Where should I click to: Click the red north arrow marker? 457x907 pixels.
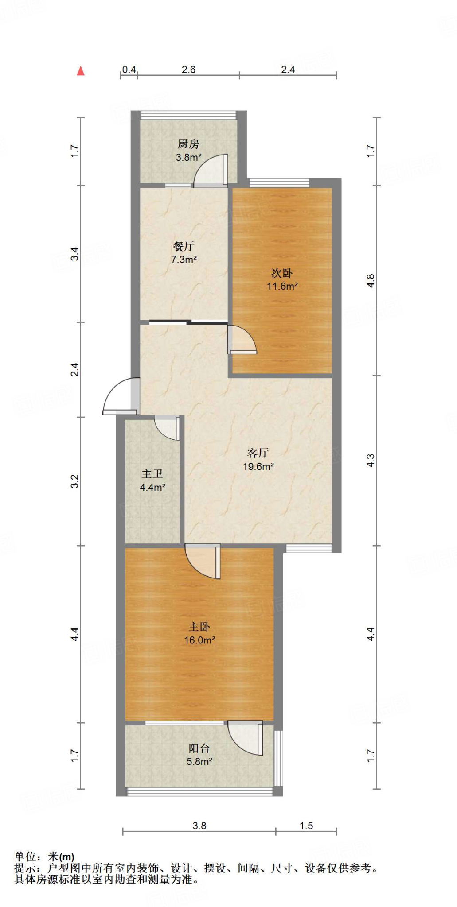[81, 71]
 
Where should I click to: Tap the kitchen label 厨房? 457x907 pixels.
[188, 144]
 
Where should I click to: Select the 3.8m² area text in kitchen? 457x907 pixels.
[188, 157]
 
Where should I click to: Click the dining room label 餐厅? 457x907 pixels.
[184, 246]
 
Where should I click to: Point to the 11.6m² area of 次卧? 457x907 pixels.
[282, 287]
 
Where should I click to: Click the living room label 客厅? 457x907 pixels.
[258, 453]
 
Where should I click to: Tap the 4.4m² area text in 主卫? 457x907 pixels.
[152, 488]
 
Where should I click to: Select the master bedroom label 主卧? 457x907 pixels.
[199, 627]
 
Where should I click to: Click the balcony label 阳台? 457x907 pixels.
[199, 748]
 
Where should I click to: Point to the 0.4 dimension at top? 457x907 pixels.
[129, 70]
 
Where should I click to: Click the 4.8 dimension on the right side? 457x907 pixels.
[371, 281]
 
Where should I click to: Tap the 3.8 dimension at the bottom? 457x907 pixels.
[199, 826]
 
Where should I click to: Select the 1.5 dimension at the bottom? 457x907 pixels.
[306, 826]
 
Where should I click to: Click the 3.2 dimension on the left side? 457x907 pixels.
[75, 481]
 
